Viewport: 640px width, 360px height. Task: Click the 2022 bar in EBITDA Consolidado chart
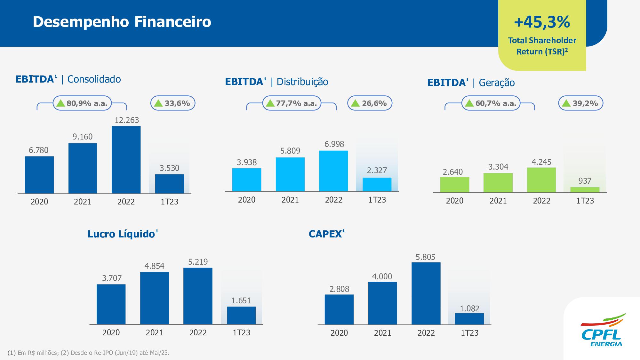tap(126, 160)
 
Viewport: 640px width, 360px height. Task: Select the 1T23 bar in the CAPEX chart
tap(469, 319)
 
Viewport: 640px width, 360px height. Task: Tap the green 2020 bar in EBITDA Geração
tap(454, 185)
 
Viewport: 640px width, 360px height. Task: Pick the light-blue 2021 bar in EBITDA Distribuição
tap(290, 174)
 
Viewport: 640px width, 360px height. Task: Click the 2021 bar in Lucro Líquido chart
tap(154, 298)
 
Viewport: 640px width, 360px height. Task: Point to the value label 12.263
tap(127, 120)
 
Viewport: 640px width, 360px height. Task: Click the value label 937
tap(585, 181)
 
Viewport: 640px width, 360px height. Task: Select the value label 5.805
tap(425, 257)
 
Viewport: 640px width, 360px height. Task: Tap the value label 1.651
tap(241, 301)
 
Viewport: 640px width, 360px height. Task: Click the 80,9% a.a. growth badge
tap(82, 103)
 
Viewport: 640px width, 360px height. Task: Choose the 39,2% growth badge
tap(580, 103)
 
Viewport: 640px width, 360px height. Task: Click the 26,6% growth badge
tap(370, 103)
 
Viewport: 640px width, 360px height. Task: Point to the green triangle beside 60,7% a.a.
tap(469, 103)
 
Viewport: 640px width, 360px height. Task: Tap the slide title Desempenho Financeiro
tap(122, 22)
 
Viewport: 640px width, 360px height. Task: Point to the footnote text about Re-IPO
tap(88, 353)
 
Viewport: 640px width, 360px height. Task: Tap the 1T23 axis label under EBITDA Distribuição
tap(377, 200)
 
